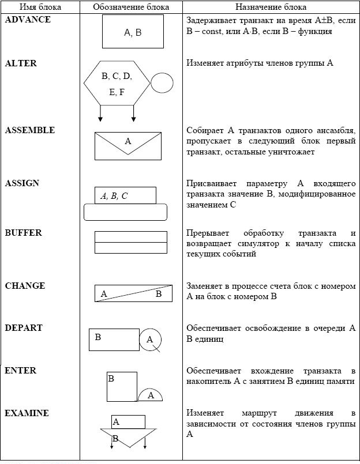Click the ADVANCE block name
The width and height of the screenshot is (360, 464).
(x=28, y=20)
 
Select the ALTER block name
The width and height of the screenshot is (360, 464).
(x=21, y=63)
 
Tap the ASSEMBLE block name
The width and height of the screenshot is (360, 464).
(x=30, y=130)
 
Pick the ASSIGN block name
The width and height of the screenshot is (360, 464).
(x=22, y=183)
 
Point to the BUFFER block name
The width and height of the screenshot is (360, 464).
(x=24, y=233)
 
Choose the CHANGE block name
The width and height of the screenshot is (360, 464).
(x=25, y=286)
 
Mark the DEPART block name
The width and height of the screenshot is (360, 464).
(x=24, y=328)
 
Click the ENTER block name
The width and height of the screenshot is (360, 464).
(x=21, y=371)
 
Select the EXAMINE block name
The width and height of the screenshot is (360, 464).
(x=27, y=413)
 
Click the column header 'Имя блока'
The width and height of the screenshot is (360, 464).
(x=37, y=7)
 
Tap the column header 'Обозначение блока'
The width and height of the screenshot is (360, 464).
(x=131, y=7)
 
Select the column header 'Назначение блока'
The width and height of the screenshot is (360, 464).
(x=271, y=7)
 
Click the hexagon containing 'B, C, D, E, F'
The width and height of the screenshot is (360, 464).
(x=117, y=84)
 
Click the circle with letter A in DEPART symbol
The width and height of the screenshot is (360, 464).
(x=150, y=339)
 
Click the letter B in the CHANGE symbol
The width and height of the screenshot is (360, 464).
(x=159, y=294)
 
